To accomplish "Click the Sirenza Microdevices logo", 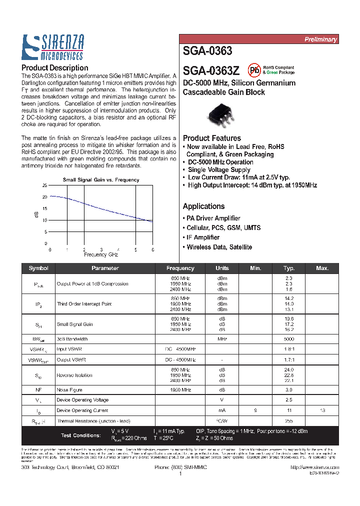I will coord(52,47).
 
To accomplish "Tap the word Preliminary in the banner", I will coord(320,39).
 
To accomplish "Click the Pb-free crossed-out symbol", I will coord(254,70).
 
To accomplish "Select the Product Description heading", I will coord(54,68).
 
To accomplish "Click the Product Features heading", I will coord(211,138).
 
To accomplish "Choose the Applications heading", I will coord(203,206).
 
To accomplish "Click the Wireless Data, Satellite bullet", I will coord(217,247).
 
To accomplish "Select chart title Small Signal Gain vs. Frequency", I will coord(100,179).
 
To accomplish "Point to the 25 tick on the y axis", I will coord(44,185).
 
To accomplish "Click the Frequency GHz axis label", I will coord(100,254).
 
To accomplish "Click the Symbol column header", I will coord(38,268).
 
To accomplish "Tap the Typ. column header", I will coord(288,268).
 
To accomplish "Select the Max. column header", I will coord(322,268).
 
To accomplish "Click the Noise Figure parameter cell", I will coord(69,389).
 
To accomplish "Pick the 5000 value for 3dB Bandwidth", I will coord(288,338).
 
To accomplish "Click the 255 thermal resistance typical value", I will coord(288,420).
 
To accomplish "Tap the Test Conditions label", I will coord(80,435).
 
